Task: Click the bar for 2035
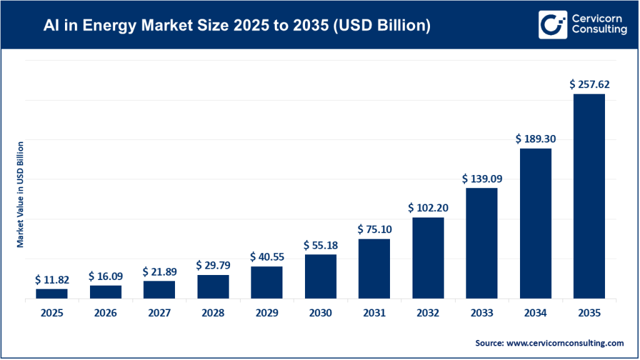pyautogui.click(x=589, y=196)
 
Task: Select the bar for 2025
pyautogui.click(x=51, y=294)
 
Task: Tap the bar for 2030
pyautogui.click(x=320, y=276)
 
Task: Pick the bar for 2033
pyautogui.click(x=481, y=243)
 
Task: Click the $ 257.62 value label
pyautogui.click(x=589, y=84)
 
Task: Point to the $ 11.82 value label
pyautogui.click(x=51, y=279)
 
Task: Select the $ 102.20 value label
pyautogui.click(x=427, y=207)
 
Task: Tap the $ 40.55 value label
pyautogui.click(x=266, y=256)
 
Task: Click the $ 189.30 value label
pyautogui.click(x=535, y=138)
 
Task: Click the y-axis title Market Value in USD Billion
pyautogui.click(x=21, y=194)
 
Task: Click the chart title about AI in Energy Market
pyautogui.click(x=236, y=26)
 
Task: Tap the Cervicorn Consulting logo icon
pyautogui.click(x=552, y=24)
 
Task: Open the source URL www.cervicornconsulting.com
pyautogui.click(x=565, y=342)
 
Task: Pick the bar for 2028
pyautogui.click(x=212, y=287)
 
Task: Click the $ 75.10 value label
pyautogui.click(x=374, y=229)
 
